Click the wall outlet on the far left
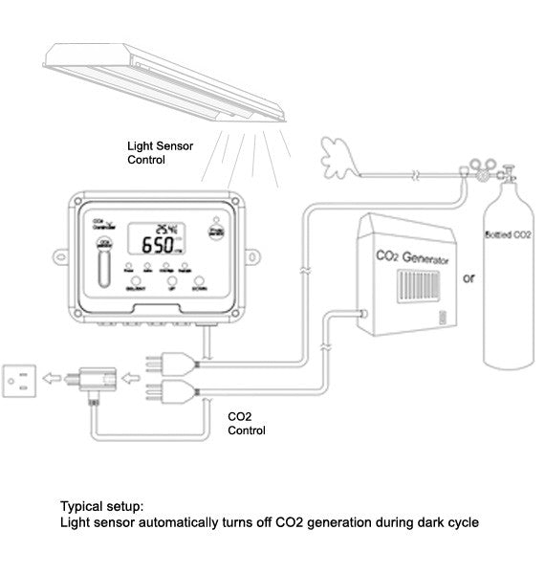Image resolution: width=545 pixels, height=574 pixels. [20, 381]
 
